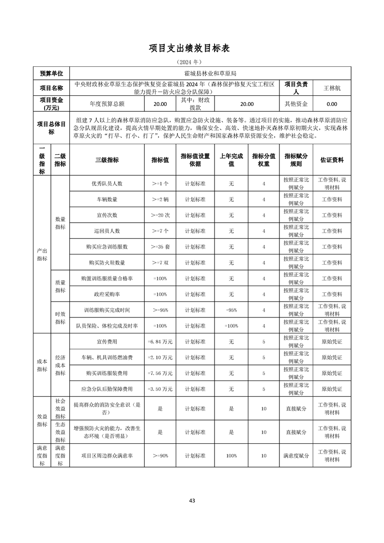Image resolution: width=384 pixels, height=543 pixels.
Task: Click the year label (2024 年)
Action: [192, 62]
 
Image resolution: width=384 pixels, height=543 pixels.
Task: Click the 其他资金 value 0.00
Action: [332, 104]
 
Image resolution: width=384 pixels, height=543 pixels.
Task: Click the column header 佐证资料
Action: [332, 160]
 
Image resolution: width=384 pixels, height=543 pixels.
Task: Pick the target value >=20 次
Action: [160, 215]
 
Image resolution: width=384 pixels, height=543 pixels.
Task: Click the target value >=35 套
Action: [160, 247]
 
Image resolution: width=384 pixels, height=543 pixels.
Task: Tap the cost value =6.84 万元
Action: [160, 342]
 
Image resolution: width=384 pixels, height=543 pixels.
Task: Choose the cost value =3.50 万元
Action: [160, 389]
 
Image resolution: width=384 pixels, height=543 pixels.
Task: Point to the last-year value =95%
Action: [231, 310]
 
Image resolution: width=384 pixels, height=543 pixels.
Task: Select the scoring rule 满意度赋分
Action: [296, 456]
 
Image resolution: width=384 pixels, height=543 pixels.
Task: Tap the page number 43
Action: [192, 500]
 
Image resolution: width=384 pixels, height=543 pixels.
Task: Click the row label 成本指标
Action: [42, 365]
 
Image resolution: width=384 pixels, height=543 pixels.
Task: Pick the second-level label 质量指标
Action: [60, 286]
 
